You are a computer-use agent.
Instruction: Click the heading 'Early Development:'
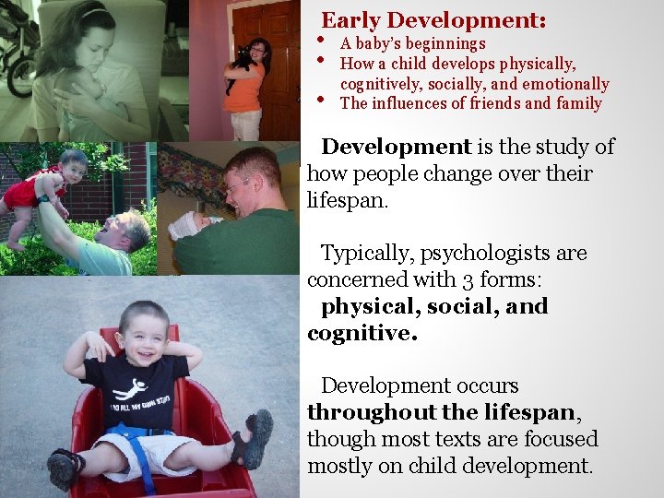(433, 19)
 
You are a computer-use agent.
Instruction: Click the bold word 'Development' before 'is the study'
(396, 147)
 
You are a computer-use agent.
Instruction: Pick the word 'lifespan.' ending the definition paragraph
(348, 200)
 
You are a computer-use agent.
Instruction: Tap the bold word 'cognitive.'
(362, 333)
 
